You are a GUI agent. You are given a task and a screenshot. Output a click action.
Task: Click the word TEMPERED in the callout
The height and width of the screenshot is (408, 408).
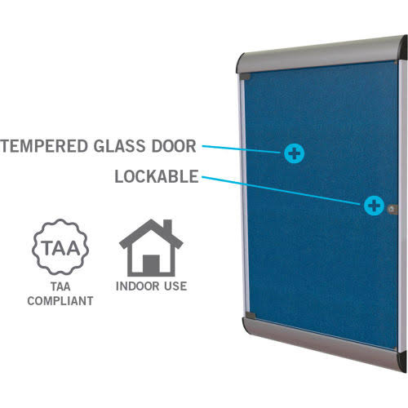pyautogui.click(x=43, y=146)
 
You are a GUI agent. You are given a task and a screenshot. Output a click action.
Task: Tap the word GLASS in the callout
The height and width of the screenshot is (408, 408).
pyautogui.click(x=119, y=146)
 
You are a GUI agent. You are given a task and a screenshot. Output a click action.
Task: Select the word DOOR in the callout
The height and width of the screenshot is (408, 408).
pyautogui.click(x=174, y=146)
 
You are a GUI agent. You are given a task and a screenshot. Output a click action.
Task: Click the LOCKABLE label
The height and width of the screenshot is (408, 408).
pyautogui.click(x=157, y=176)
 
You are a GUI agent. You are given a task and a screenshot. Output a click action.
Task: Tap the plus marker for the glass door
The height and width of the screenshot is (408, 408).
pyautogui.click(x=294, y=153)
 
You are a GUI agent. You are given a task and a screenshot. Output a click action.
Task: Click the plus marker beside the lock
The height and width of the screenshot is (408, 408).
pyautogui.click(x=374, y=206)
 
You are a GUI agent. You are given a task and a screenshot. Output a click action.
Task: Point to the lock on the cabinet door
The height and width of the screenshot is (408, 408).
pyautogui.click(x=392, y=209)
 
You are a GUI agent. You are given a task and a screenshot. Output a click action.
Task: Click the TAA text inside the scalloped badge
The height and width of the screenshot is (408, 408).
pyautogui.click(x=60, y=248)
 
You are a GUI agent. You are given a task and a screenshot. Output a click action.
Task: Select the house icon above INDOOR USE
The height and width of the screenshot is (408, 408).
pyautogui.click(x=151, y=247)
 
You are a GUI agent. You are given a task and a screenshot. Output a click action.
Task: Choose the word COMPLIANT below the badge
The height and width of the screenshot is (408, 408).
pyautogui.click(x=60, y=301)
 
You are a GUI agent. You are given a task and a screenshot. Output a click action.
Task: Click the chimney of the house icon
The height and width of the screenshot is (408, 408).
pyautogui.click(x=167, y=227)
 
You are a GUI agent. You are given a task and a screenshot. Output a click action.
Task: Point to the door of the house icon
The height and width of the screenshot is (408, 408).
pyautogui.click(x=151, y=264)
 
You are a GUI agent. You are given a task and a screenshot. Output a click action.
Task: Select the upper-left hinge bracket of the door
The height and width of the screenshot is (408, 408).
pyautogui.click(x=245, y=77)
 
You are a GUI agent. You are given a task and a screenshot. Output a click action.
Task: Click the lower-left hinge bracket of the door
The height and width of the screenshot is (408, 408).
pyautogui.click(x=251, y=316)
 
